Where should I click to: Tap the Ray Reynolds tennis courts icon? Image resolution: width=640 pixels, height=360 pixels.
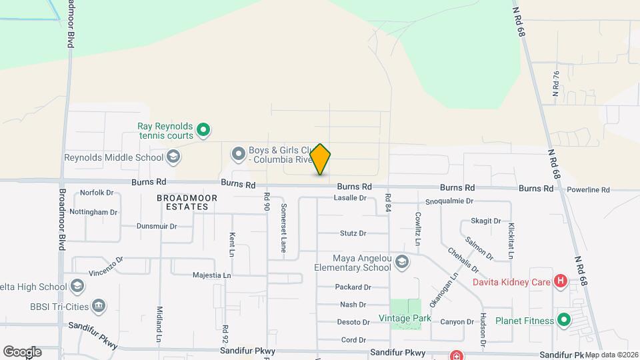click(x=205, y=129)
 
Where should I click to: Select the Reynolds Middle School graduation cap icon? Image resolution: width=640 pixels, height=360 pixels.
click(x=173, y=158)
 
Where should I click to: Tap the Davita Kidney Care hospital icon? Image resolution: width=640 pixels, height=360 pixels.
click(x=561, y=281)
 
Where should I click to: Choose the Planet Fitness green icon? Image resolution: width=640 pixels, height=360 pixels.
click(x=564, y=321)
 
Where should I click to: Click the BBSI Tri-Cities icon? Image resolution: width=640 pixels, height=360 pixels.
click(x=99, y=305)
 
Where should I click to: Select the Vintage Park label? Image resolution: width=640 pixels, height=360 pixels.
click(x=404, y=319)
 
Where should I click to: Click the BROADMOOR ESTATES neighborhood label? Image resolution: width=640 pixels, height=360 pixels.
click(x=183, y=203)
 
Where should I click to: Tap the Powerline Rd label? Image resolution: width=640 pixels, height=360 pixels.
click(x=588, y=190)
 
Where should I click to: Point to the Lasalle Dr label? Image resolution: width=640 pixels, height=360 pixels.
click(x=351, y=198)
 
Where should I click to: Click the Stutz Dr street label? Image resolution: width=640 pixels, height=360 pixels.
click(x=353, y=233)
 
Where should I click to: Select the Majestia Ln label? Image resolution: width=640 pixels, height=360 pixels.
click(x=211, y=275)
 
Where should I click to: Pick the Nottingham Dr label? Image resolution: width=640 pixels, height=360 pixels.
click(x=94, y=212)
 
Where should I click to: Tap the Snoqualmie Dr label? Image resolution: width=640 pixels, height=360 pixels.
click(x=449, y=201)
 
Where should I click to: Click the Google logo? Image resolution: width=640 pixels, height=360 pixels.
click(x=22, y=351)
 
